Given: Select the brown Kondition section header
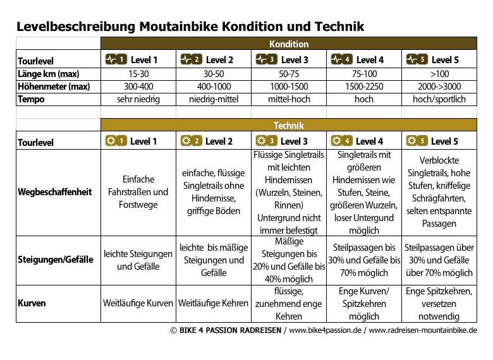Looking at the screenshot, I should click(289, 44).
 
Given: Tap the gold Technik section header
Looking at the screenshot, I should click(289, 125).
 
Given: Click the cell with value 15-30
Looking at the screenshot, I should click(138, 73).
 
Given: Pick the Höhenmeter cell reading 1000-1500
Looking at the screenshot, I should click(289, 87).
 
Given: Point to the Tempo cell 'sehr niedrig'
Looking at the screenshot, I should click(138, 99).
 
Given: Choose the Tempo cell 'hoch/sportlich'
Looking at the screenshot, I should click(439, 99).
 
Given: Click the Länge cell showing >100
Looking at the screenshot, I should click(439, 73).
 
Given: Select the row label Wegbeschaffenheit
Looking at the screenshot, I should click(55, 191).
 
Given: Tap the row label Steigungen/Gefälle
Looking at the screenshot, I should click(56, 259).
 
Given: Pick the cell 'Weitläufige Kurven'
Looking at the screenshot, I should click(138, 303).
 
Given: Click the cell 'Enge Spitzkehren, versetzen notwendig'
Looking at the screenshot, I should click(439, 303).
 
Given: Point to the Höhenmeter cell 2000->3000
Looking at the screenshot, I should click(439, 87).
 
